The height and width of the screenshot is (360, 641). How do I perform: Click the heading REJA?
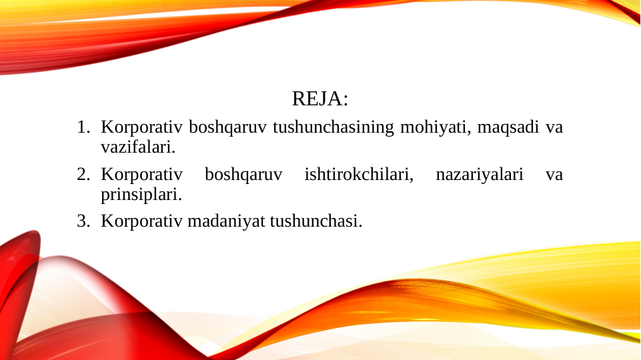[320, 99]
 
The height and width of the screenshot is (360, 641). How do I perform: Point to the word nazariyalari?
[479, 175]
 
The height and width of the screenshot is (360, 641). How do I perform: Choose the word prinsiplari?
[141, 195]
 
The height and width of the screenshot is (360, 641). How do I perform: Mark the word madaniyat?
[226, 221]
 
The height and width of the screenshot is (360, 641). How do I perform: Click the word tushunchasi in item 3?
[315, 221]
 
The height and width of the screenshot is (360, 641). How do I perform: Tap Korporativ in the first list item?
[142, 127]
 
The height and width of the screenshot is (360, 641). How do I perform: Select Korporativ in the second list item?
[142, 175]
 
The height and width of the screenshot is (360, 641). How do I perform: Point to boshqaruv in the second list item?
[243, 175]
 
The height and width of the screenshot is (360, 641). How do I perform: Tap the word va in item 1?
[554, 127]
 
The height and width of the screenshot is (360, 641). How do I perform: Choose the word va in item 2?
[554, 175]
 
